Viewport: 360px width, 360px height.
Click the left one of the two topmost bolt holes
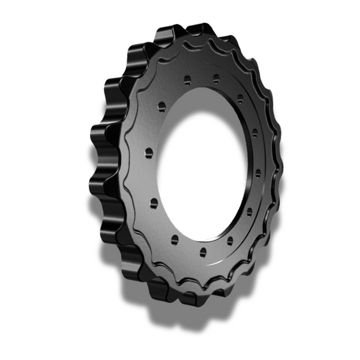pos(186,79)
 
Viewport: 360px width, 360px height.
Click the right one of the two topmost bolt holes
pos(215,79)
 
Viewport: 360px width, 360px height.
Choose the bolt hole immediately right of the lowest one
pos(230,239)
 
